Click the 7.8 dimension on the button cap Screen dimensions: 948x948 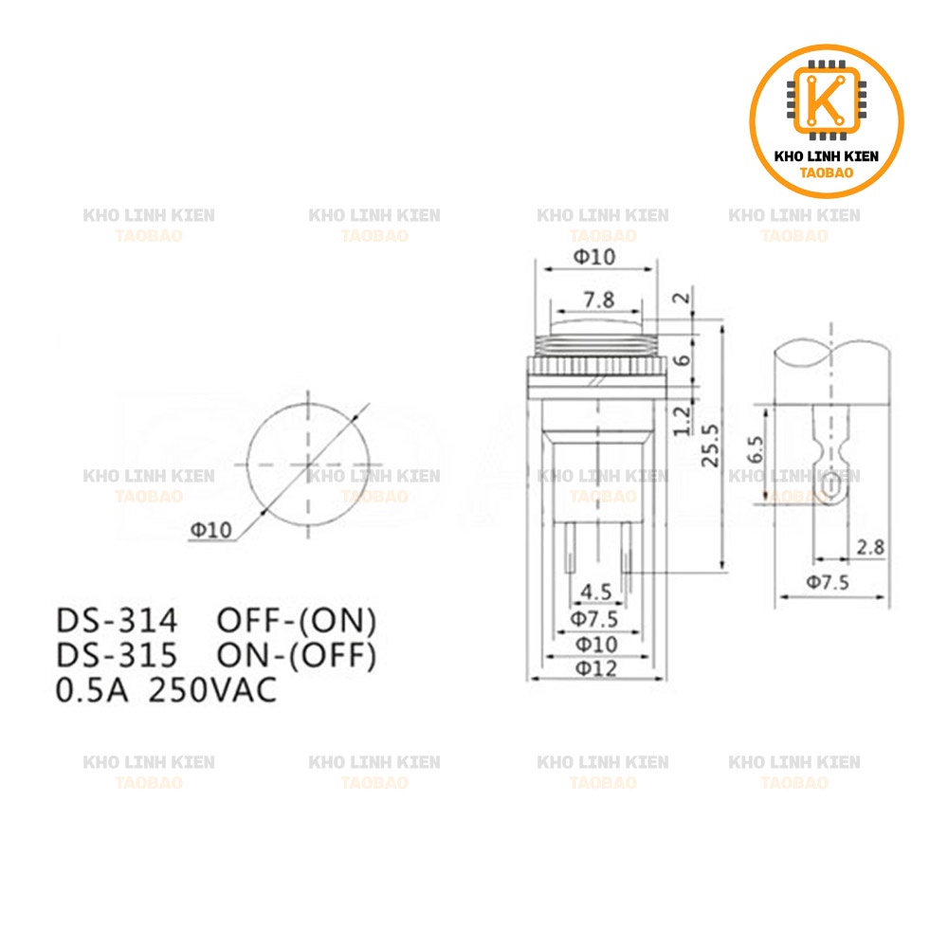(x=598, y=300)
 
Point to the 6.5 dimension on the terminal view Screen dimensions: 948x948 (x=754, y=448)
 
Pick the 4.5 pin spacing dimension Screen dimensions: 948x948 (x=595, y=592)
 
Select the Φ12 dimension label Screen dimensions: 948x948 (x=594, y=668)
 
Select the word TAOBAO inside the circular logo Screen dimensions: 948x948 (x=827, y=173)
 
